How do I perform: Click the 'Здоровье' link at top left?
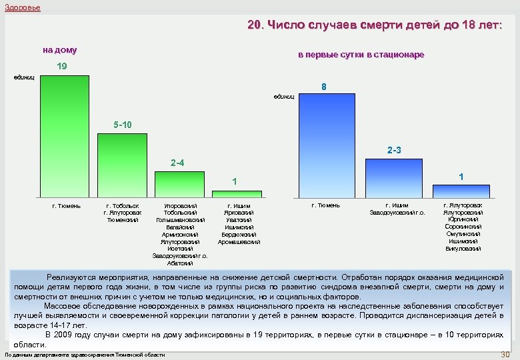22,7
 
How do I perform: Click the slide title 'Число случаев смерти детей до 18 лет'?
375,26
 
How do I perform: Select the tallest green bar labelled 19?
64,137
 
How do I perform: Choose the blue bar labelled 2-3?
393,178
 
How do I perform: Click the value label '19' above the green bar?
61,67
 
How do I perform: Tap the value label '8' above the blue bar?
323,87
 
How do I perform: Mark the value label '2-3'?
394,151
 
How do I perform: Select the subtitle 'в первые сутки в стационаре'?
360,55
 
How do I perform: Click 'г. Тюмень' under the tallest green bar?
66,205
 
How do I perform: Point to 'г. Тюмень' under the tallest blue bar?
326,205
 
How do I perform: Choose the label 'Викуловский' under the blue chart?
463,249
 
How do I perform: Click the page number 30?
505,354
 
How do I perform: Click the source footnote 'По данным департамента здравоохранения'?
85,355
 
